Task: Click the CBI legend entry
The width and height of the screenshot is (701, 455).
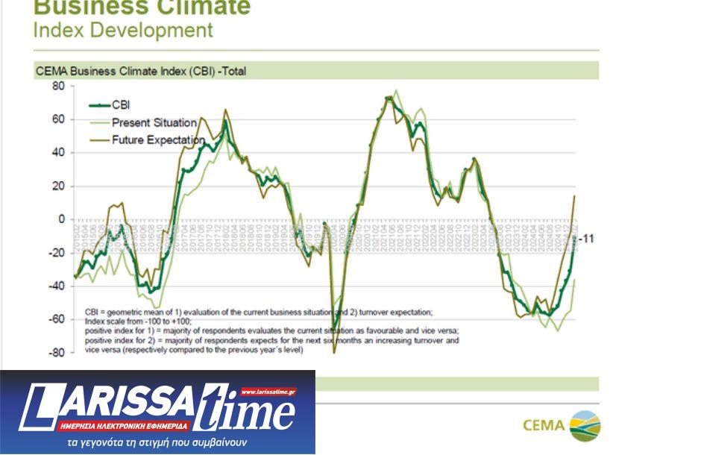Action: pyautogui.click(x=119, y=104)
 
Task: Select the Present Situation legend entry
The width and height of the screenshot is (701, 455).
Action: pyautogui.click(x=154, y=122)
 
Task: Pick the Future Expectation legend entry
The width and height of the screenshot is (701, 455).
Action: pyautogui.click(x=157, y=139)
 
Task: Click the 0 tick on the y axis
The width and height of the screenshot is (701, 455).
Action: pyautogui.click(x=62, y=219)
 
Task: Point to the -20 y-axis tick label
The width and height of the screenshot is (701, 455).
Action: pyautogui.click(x=57, y=253)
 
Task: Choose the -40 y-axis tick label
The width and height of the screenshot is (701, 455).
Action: pyautogui.click(x=57, y=286)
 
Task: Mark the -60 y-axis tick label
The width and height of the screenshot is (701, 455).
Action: pyautogui.click(x=57, y=319)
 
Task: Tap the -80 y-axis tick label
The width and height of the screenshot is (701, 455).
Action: pyautogui.click(x=57, y=353)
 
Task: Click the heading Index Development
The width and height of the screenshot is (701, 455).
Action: pyautogui.click(x=123, y=31)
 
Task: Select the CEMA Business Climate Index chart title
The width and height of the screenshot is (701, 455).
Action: pyautogui.click(x=140, y=72)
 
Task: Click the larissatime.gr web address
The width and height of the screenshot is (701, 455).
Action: pyautogui.click(x=268, y=390)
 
